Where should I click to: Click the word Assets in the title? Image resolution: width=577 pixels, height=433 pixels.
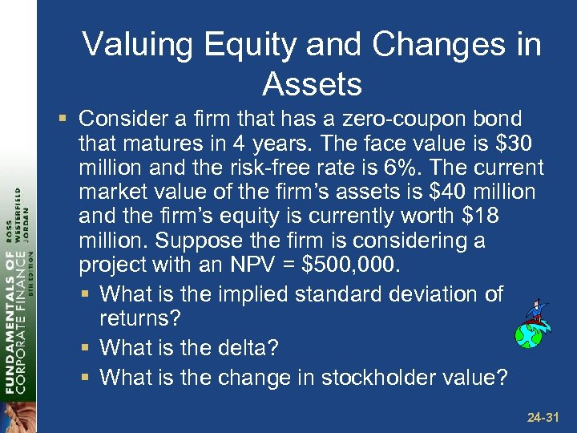click(x=312, y=83)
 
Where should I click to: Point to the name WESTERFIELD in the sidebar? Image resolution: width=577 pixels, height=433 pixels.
click(x=21, y=216)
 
